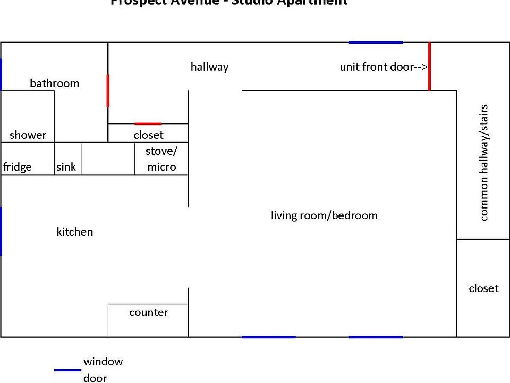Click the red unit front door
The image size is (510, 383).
pyautogui.click(x=429, y=67)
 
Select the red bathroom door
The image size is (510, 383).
pyautogui.click(x=108, y=91)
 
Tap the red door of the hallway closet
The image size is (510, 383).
pyautogui.click(x=148, y=124)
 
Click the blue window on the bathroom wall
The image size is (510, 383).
pyautogui.click(x=1, y=74)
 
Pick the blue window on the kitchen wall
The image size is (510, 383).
pyautogui.click(x=1, y=231)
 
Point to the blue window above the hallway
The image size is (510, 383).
pyautogui.click(x=376, y=42)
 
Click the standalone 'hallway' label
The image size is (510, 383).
pyautogui.click(x=209, y=67)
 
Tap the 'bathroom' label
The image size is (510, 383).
pyautogui.click(x=54, y=83)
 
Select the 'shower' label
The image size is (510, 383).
pyautogui.click(x=28, y=135)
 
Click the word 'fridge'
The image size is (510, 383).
pyautogui.click(x=18, y=167)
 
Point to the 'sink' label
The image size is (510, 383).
pyautogui.click(x=66, y=167)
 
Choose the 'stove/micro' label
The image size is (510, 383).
pyautogui.click(x=161, y=159)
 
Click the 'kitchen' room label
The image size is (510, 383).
pyautogui.click(x=75, y=232)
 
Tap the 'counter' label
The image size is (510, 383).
pyautogui.click(x=149, y=312)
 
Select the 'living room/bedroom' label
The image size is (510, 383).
pyautogui.click(x=324, y=215)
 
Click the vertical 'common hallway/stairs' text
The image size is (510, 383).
pyautogui.click(x=483, y=162)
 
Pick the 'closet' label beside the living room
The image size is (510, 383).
pyautogui.click(x=483, y=288)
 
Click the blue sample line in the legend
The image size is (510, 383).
pyautogui.click(x=67, y=370)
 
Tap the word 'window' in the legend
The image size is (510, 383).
pyautogui.click(x=103, y=362)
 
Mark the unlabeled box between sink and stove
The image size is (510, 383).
pyautogui.click(x=108, y=159)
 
